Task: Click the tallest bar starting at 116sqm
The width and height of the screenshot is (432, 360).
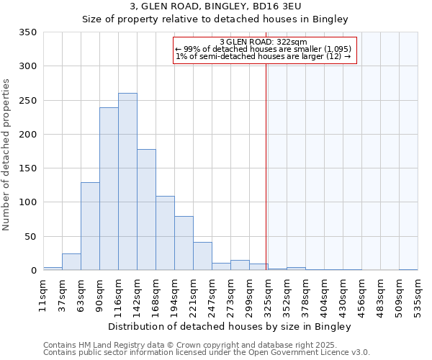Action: pyautogui.click(x=127, y=181)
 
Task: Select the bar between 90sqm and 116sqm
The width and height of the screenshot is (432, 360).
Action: pyautogui.click(x=109, y=189)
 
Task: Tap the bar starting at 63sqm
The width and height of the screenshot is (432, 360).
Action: pyautogui.click(x=90, y=226)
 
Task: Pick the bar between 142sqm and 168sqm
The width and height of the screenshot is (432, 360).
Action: pyautogui.click(x=146, y=210)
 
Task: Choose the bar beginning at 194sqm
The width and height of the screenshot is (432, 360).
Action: pyautogui.click(x=184, y=243)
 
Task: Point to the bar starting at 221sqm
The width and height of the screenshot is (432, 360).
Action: pyautogui.click(x=202, y=256)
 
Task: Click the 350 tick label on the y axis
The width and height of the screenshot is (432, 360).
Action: pyautogui.click(x=27, y=32)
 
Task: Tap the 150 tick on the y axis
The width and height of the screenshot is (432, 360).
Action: pyautogui.click(x=27, y=168)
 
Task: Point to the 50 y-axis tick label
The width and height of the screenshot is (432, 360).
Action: pyautogui.click(x=30, y=236)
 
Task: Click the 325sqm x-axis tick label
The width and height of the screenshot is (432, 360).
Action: pyautogui.click(x=268, y=295)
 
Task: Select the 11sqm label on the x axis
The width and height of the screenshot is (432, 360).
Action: pyautogui.click(x=43, y=295)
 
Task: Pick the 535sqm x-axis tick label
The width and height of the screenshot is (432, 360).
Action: pyautogui.click(x=418, y=295)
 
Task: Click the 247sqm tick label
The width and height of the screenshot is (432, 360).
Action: pyautogui.click(x=212, y=295)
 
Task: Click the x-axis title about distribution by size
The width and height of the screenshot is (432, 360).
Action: pyautogui.click(x=230, y=327)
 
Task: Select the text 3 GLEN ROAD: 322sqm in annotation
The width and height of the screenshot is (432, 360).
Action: pyautogui.click(x=264, y=42)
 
